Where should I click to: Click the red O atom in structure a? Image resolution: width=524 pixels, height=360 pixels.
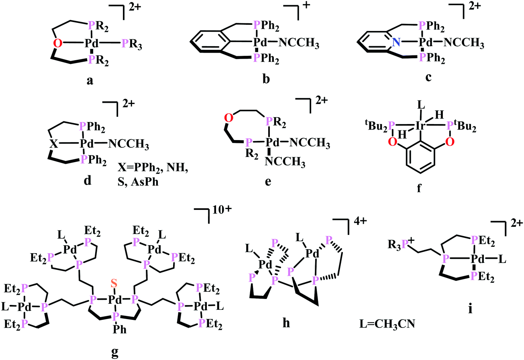(x=58, y=43)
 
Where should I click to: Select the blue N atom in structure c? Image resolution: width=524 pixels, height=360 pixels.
(x=396, y=42)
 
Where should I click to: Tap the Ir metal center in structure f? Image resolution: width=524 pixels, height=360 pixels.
(x=420, y=126)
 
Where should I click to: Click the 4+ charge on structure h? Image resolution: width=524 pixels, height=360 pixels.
(x=360, y=221)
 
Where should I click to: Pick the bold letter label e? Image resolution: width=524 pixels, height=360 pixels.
(x=268, y=182)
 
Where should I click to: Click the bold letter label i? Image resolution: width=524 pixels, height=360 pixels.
(x=470, y=309)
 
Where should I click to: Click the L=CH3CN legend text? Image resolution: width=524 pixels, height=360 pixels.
(x=387, y=324)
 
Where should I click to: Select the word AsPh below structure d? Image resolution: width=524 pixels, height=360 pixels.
(x=145, y=182)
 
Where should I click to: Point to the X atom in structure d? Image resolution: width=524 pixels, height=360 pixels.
(x=53, y=144)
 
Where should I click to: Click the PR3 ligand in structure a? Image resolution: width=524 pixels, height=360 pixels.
(x=132, y=45)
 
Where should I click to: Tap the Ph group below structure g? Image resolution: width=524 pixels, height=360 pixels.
(x=120, y=329)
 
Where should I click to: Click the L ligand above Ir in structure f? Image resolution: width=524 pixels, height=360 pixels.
(x=421, y=105)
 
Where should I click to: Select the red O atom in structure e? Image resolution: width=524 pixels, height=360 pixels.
(x=228, y=118)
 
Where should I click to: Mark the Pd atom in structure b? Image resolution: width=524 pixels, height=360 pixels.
(x=260, y=42)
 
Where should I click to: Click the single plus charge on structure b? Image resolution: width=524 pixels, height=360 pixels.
(x=306, y=5)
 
